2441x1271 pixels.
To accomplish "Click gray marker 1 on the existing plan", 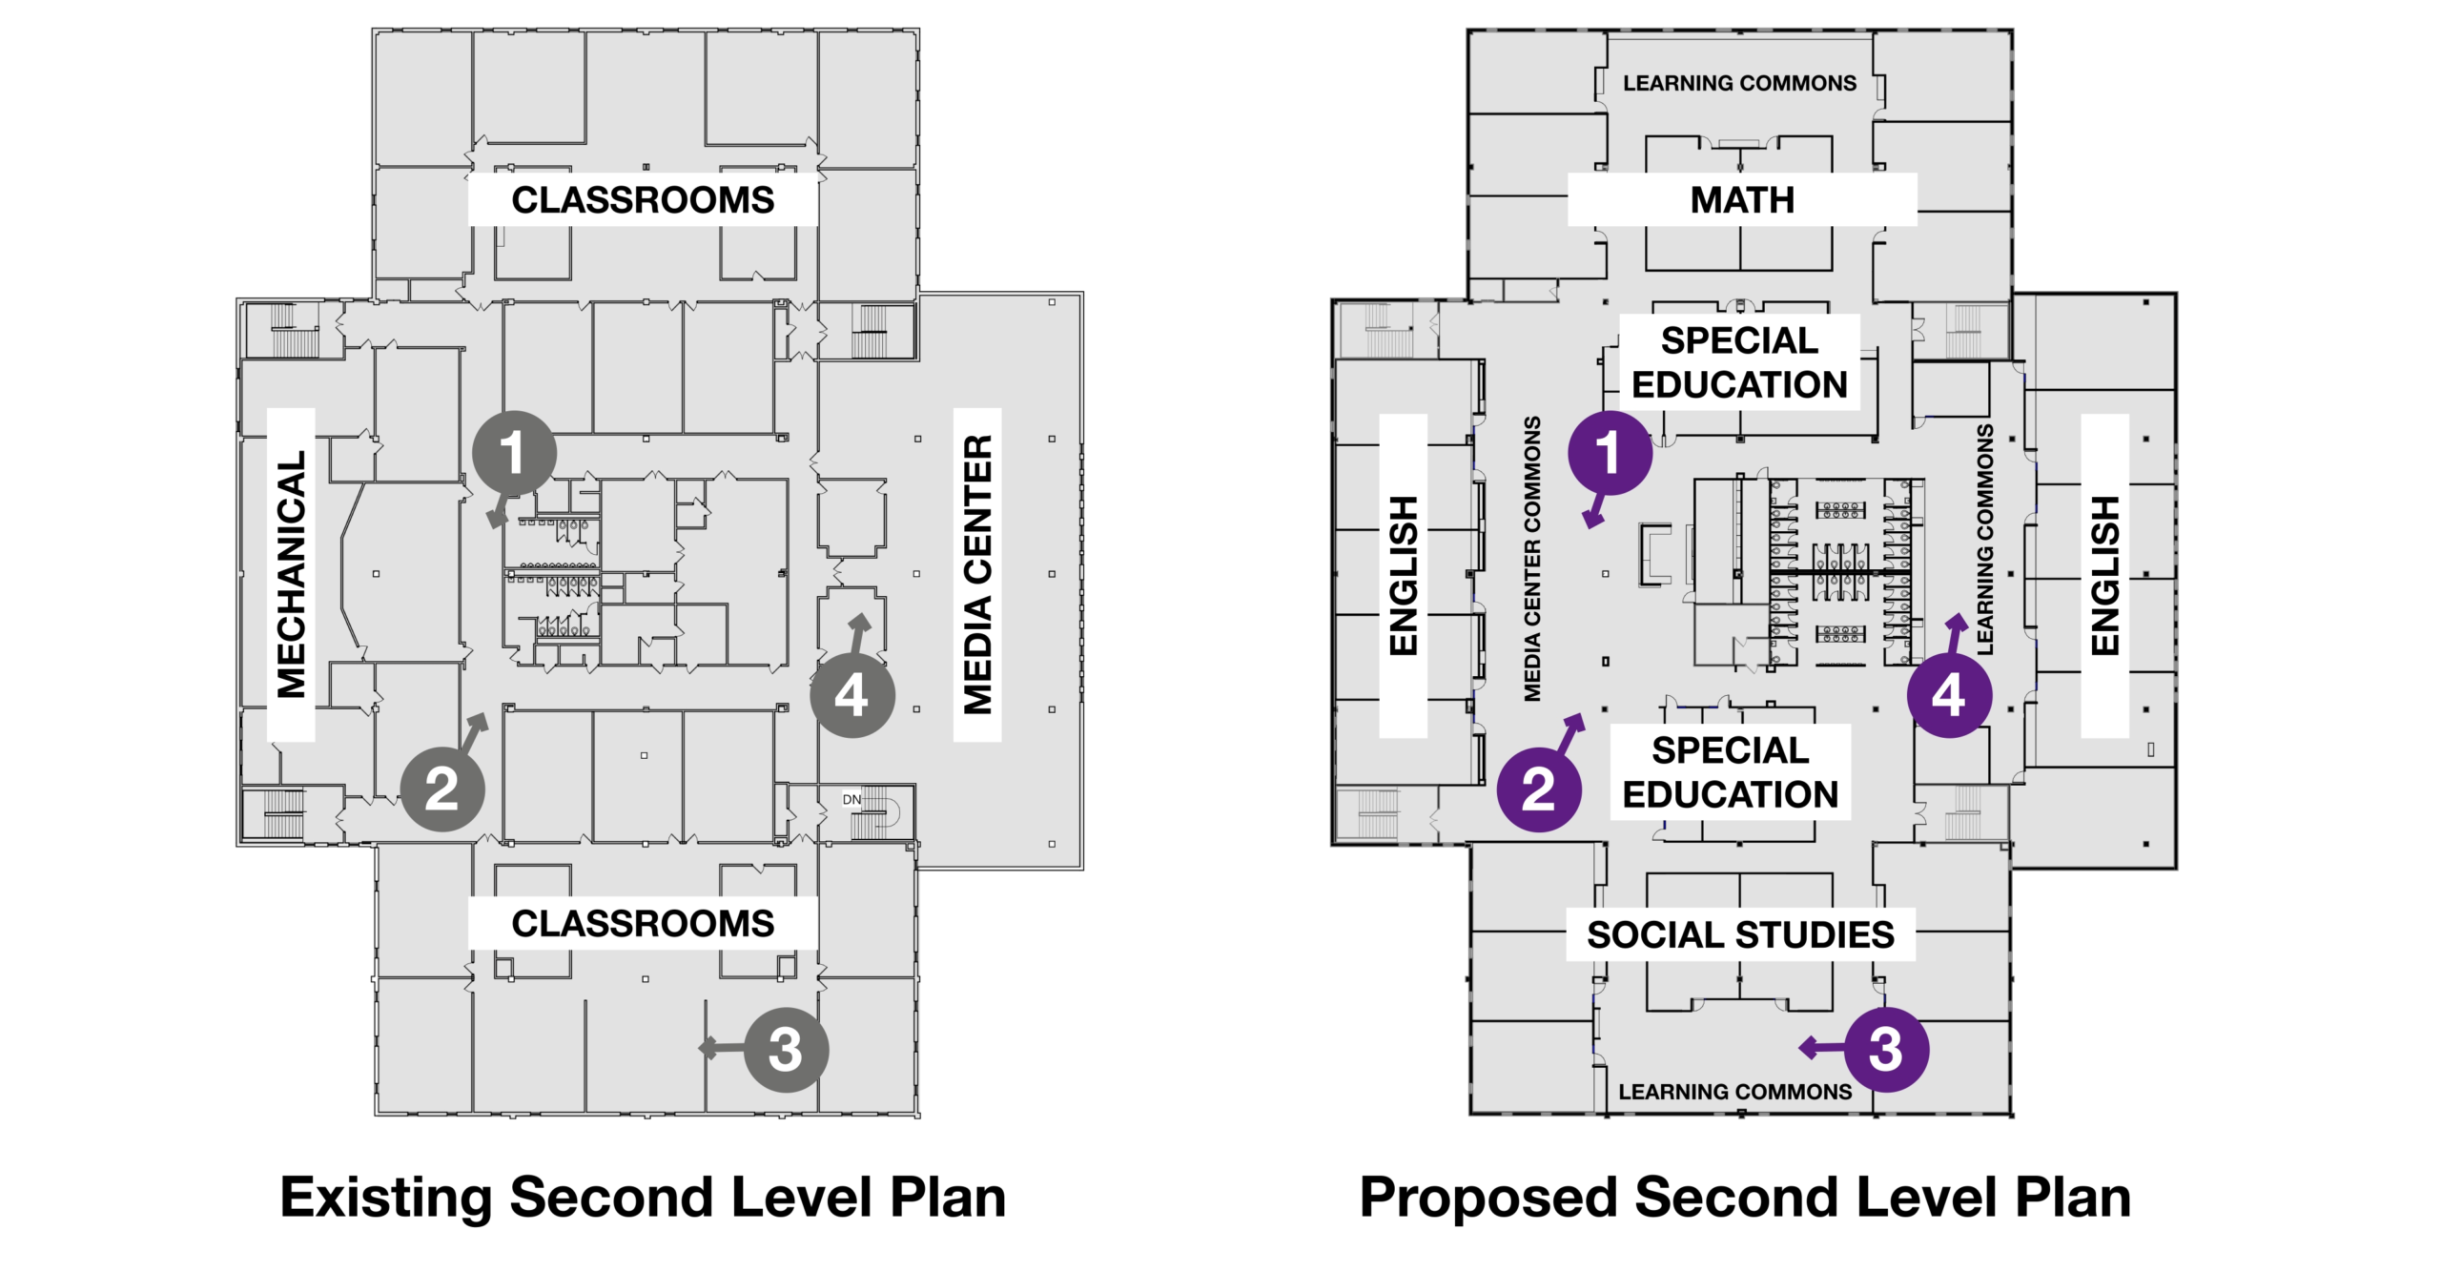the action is click(514, 453).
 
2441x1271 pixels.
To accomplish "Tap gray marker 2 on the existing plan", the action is click(441, 789).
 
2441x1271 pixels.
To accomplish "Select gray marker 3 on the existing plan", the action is click(786, 1049).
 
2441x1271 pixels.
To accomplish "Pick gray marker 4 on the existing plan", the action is click(852, 695).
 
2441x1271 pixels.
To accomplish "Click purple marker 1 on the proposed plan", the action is click(1610, 453).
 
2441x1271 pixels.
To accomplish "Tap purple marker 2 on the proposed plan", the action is click(1539, 789).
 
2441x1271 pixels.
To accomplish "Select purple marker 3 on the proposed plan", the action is click(1886, 1049).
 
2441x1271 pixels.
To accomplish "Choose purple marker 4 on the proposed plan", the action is click(1949, 695).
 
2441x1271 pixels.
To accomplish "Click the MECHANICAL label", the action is click(291, 574).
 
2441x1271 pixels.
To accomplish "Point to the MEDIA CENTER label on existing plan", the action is click(978, 574).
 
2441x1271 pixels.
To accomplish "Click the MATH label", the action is click(1742, 200).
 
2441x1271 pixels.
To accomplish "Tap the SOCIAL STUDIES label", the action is click(1740, 934).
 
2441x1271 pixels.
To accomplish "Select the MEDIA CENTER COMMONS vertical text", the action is click(1532, 559).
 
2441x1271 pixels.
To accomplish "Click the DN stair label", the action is click(851, 800).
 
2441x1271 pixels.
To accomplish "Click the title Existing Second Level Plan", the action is click(643, 1198).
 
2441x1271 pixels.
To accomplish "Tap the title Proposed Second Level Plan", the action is click(1745, 1198).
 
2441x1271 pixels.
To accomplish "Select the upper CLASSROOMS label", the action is click(643, 200).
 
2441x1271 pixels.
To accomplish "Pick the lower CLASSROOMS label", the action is click(643, 923).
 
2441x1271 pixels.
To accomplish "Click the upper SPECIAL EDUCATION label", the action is click(1740, 362).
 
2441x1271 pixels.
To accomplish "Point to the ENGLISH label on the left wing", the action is click(1404, 575).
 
